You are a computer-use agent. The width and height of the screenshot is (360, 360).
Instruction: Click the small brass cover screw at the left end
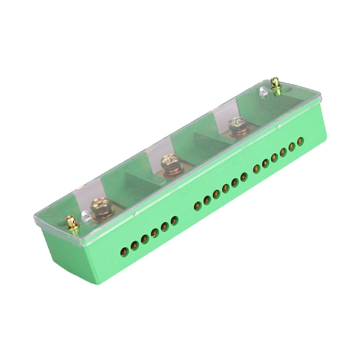click(72, 223)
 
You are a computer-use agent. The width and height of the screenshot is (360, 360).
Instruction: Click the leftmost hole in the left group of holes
click(124, 251)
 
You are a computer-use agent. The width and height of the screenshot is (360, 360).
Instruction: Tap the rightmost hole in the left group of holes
click(174, 220)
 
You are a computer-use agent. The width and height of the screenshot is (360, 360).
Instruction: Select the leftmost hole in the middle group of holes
click(197, 206)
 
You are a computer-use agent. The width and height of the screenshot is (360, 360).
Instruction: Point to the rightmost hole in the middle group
click(244, 176)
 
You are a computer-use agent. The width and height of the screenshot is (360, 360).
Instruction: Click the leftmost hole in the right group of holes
click(257, 169)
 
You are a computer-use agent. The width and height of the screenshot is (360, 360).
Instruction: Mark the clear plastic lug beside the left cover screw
click(86, 216)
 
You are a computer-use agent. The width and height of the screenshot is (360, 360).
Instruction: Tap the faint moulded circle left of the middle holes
click(186, 213)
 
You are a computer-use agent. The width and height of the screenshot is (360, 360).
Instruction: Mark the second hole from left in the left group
click(135, 245)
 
